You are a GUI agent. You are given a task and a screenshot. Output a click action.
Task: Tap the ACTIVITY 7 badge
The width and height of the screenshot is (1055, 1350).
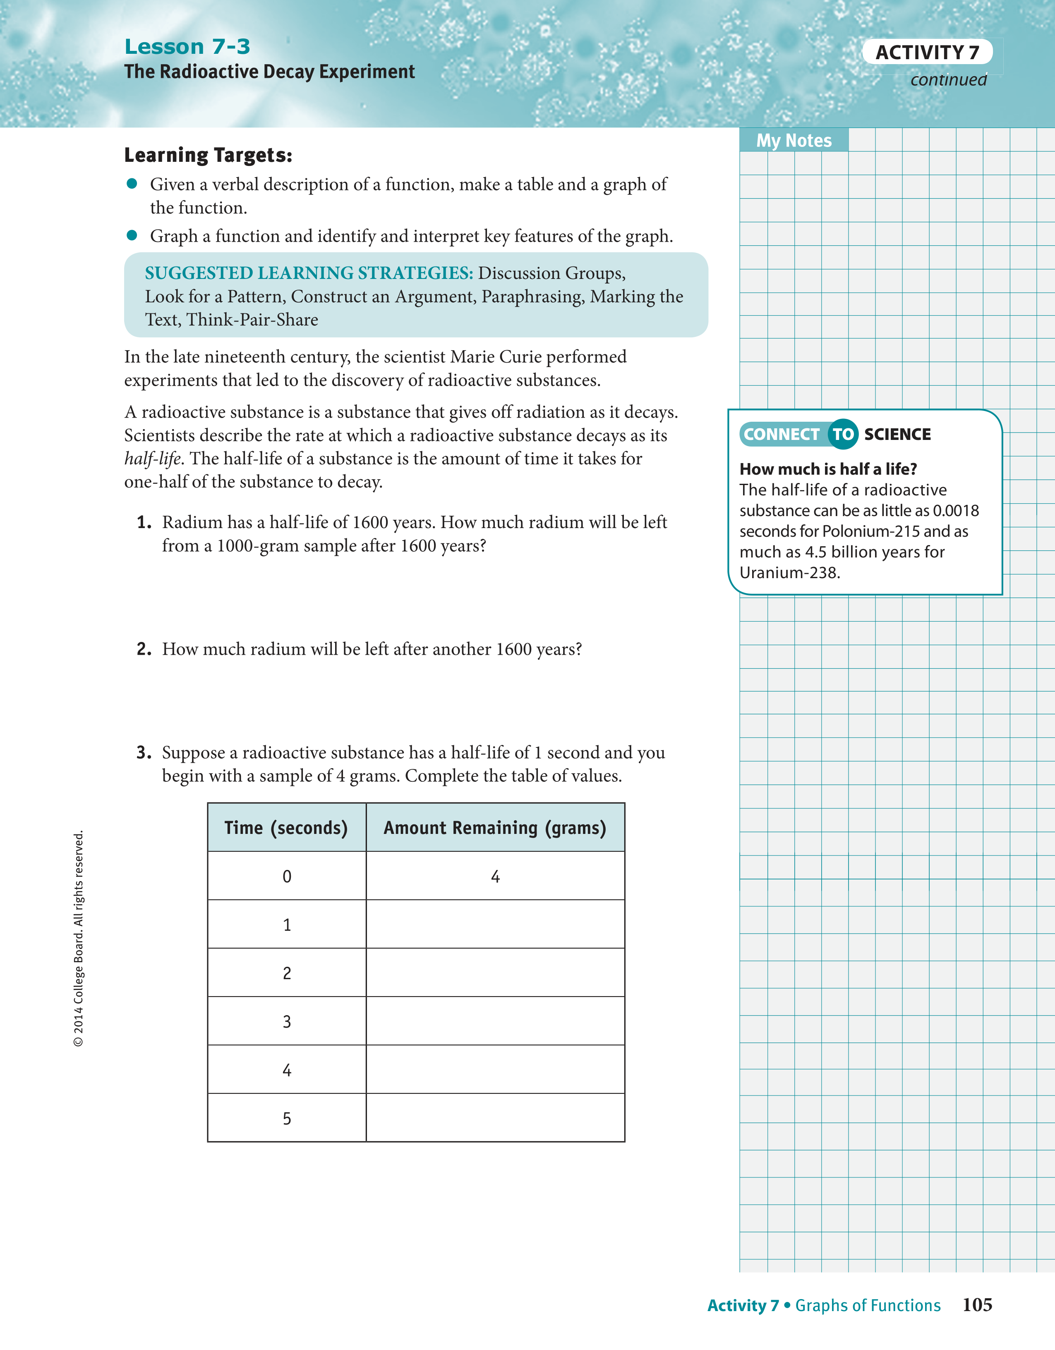tap(927, 53)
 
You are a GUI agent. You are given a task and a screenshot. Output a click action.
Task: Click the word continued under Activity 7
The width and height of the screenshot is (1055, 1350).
tap(948, 80)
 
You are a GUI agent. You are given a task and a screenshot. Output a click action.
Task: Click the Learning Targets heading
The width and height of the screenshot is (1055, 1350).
tap(208, 155)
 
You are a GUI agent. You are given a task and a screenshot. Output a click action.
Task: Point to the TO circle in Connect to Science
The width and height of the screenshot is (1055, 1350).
tap(843, 435)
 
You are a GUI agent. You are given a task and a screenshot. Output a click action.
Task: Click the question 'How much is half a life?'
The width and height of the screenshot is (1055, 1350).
tap(828, 469)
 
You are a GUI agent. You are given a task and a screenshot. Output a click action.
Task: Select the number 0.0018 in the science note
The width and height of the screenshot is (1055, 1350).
tap(955, 511)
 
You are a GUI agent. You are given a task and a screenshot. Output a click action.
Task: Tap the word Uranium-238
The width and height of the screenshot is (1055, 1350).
tap(789, 573)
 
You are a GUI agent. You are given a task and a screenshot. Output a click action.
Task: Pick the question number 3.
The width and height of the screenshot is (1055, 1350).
tap(144, 753)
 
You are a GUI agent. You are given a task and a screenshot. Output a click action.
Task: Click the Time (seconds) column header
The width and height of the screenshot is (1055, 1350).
tap(286, 828)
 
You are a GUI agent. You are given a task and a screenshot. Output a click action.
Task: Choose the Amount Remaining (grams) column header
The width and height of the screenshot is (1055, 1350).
tap(495, 828)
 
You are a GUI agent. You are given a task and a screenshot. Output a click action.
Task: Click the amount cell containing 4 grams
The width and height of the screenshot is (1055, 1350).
tap(495, 877)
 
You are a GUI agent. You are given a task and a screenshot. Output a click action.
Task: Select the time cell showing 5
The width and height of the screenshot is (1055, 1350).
tap(287, 1118)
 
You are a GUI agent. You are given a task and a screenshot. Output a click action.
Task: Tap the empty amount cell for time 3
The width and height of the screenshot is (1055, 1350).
tap(495, 1021)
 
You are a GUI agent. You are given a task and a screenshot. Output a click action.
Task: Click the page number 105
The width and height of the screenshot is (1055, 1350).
tap(977, 1305)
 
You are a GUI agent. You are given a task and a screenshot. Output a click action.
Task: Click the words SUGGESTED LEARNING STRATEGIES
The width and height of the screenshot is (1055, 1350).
tap(308, 273)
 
